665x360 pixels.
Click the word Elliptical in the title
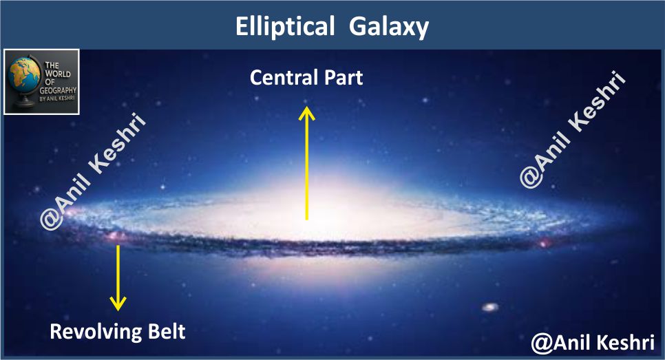pos(285,27)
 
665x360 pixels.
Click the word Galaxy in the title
pos(389,28)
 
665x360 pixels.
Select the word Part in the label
pos(344,78)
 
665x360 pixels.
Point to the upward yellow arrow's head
pos(306,114)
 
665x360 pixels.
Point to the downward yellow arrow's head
pos(118,303)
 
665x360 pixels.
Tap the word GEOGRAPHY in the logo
pos(58,90)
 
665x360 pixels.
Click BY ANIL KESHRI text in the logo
pos(57,98)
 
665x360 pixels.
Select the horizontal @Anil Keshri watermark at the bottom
pos(593,343)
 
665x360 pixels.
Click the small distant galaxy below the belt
pos(490,306)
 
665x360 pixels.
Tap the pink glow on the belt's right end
pos(543,244)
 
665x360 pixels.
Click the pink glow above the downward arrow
pos(116,235)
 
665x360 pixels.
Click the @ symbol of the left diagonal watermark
pos(52,218)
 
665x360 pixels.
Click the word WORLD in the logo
pos(58,74)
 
